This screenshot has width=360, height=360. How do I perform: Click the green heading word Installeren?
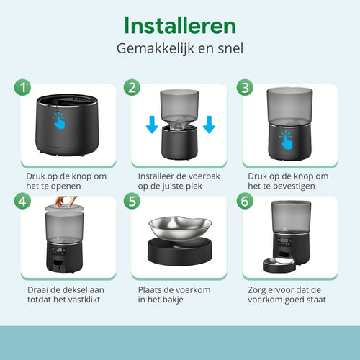click(x=180, y=25)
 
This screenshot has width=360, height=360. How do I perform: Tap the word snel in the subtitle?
click(x=230, y=48)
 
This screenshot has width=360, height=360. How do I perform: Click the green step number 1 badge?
click(x=22, y=87)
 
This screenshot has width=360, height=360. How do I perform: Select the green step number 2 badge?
click(x=132, y=87)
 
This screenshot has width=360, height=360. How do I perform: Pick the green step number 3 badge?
click(x=245, y=87)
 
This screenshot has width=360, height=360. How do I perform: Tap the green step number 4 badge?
click(x=22, y=201)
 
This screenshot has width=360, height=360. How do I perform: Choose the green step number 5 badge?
click(x=132, y=201)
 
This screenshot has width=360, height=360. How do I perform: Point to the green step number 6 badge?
click(x=245, y=201)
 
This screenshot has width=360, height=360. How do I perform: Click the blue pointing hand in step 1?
click(x=59, y=121)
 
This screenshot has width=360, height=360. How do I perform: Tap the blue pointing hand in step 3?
click(x=286, y=140)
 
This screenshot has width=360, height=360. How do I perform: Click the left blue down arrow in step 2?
click(x=152, y=125)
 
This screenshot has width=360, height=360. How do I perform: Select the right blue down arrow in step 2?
click(x=209, y=125)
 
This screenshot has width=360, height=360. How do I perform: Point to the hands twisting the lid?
click(x=66, y=202)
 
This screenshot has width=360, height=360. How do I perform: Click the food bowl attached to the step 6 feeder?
click(x=279, y=264)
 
